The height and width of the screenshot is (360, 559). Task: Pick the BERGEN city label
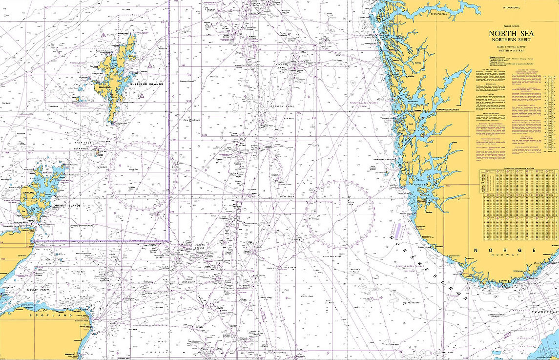[x=409, y=77]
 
